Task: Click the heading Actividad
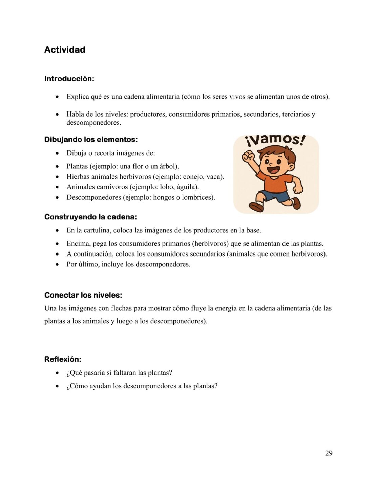tap(65, 50)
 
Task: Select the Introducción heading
tap(69, 79)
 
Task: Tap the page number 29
tap(329, 453)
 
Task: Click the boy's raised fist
tap(248, 156)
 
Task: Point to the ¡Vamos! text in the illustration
tap(275, 140)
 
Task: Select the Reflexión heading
tap(63, 359)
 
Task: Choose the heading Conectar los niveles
tap(83, 295)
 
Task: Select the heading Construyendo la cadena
tap(90, 217)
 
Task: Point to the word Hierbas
tap(78, 177)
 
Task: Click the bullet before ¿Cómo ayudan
tap(57, 386)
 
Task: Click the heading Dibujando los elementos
tap(91, 139)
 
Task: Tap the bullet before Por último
tap(57, 264)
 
